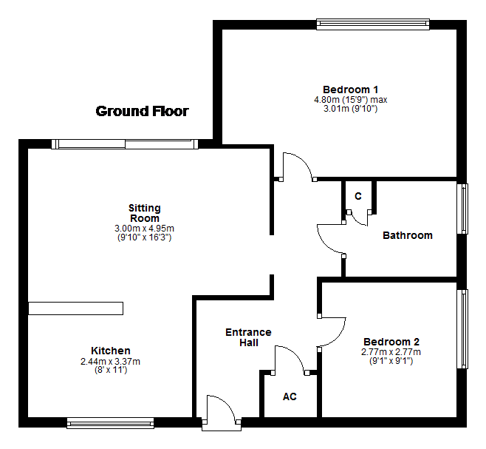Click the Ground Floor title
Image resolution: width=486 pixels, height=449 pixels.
(x=143, y=111)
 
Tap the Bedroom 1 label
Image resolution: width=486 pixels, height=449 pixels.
(x=351, y=90)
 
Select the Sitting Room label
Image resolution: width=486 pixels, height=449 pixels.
(x=145, y=213)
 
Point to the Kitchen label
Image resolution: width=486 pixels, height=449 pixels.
(x=111, y=351)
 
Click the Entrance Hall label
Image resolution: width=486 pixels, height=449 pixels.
(x=249, y=337)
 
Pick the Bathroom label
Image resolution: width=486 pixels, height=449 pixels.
(x=408, y=235)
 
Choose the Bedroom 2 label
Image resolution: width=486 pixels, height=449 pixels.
(x=391, y=342)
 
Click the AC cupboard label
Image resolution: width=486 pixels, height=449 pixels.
(x=290, y=396)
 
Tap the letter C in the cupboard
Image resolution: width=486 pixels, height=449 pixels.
(x=358, y=196)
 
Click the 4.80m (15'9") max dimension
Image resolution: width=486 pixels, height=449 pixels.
(x=351, y=100)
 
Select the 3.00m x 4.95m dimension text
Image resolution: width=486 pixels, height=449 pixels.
(x=145, y=229)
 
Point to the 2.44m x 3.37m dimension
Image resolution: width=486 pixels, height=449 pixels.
(x=110, y=362)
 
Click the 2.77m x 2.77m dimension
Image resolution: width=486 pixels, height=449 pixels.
(x=391, y=352)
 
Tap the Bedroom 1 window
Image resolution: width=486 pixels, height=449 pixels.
(x=373, y=24)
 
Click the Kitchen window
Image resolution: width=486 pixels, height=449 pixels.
(x=110, y=423)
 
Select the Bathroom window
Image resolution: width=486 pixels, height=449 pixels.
(x=462, y=209)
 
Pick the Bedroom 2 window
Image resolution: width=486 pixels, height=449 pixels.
(x=462, y=329)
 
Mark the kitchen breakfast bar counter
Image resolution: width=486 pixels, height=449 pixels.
(x=75, y=308)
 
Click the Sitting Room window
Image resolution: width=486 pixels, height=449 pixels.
(x=125, y=144)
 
